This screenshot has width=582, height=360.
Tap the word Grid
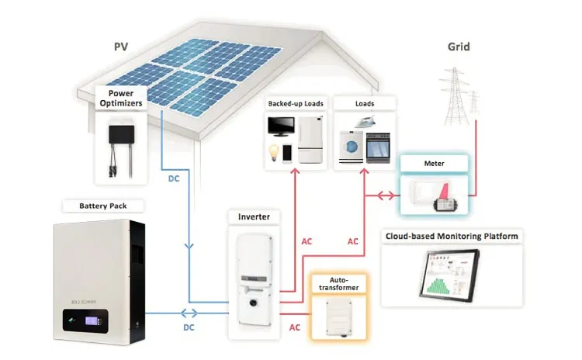pos(459,47)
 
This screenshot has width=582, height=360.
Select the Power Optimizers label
pos(120,99)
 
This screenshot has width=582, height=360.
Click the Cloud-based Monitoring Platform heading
pos(452,236)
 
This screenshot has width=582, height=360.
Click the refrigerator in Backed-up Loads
pos(309,140)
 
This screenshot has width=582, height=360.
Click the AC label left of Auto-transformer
pos(294,327)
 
